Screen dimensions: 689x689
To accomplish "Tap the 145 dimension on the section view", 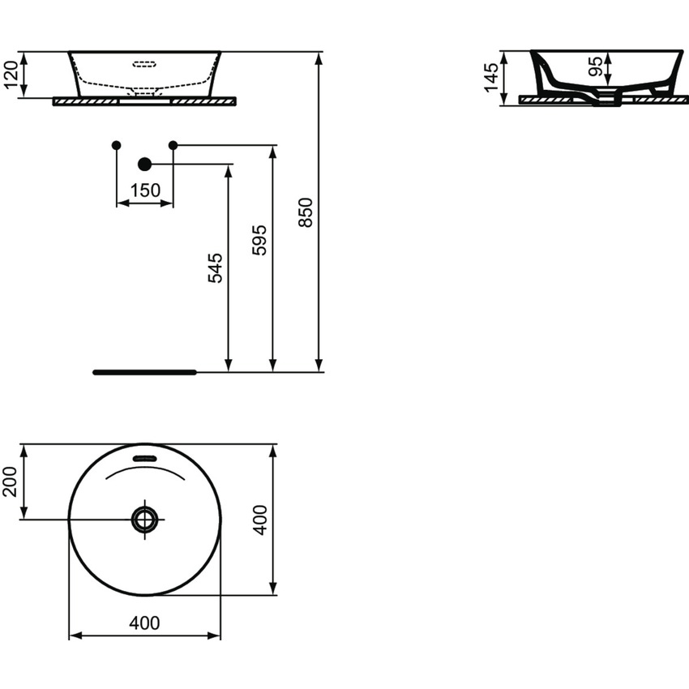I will (491, 79).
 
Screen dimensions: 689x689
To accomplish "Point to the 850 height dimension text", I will (306, 212).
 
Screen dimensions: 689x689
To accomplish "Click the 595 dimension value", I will (259, 241).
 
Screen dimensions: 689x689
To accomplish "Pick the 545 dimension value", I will (216, 267).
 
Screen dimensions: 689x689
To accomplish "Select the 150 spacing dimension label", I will (144, 190).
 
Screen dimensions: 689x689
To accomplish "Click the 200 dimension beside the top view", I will (11, 481).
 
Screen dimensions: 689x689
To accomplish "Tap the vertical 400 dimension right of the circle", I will (259, 520).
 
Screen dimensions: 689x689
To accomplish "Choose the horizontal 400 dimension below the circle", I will (144, 623).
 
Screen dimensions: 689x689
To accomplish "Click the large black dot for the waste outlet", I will (144, 165).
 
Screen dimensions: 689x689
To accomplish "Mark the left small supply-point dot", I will (116, 145).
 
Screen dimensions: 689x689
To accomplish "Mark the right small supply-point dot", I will (173, 145).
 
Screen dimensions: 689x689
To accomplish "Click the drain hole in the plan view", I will (144, 519).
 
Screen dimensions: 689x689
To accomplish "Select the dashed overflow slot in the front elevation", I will (144, 62).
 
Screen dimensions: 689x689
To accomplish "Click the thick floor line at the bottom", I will (144, 372).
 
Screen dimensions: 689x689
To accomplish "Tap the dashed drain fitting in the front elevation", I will (144, 92).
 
